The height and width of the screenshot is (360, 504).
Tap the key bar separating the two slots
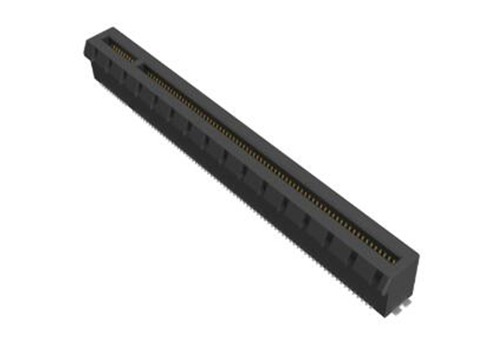pyautogui.click(x=133, y=57)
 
